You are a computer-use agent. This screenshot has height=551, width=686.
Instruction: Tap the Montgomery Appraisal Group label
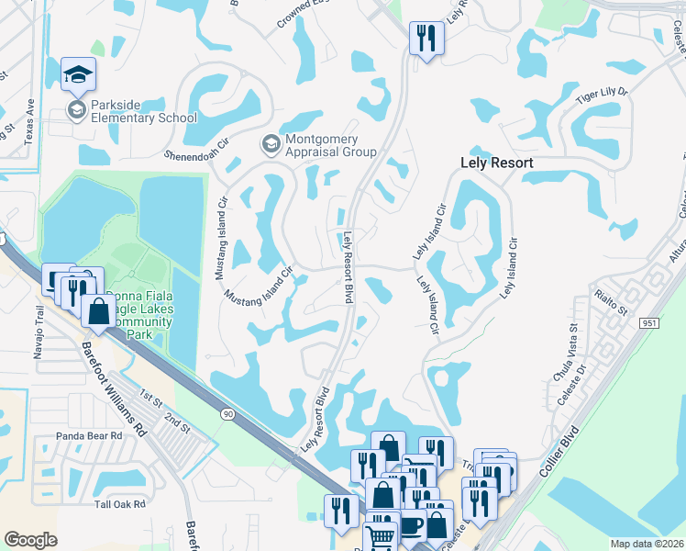point(330,145)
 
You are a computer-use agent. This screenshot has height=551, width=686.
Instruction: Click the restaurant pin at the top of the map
point(426,38)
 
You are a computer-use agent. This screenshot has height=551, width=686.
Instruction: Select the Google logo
point(31,539)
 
